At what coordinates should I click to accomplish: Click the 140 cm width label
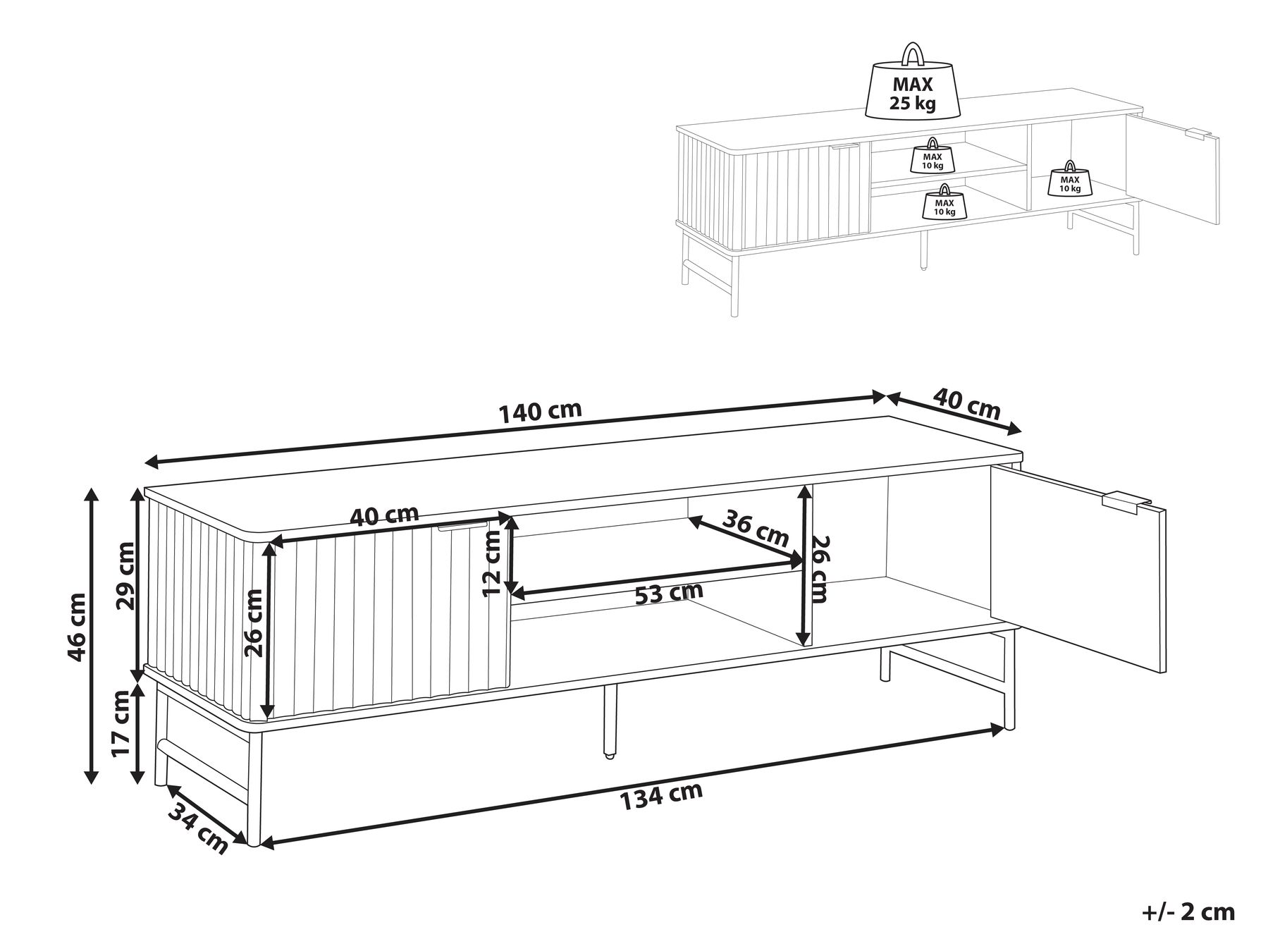[541, 412]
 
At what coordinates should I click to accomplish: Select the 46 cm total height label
[77, 627]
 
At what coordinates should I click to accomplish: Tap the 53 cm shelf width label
[669, 593]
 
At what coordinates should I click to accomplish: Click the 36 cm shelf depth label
[756, 528]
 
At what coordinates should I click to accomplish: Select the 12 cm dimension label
[493, 564]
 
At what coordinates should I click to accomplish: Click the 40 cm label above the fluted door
[385, 515]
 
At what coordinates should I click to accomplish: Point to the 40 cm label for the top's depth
[967, 403]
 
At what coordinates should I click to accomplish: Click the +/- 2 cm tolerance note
[1189, 912]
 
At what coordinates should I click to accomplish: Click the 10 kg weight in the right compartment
[1069, 178]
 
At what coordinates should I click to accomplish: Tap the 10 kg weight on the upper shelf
[932, 156]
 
